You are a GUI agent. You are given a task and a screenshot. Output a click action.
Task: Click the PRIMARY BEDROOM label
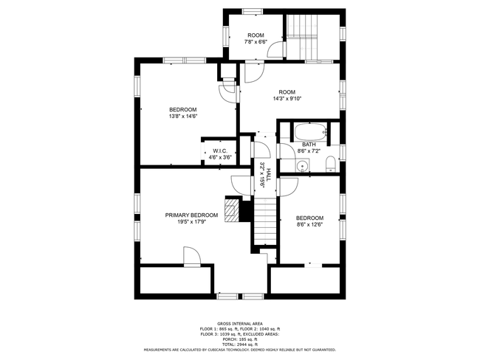[192, 215]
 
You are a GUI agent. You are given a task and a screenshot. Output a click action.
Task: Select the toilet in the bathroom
[331, 163]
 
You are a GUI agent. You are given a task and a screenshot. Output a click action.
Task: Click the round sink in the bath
[303, 166]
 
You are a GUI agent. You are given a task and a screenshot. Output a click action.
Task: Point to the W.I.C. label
[220, 150]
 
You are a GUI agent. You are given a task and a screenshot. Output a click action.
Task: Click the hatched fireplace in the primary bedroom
[231, 210]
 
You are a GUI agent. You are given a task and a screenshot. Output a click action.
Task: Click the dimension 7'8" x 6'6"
[256, 42]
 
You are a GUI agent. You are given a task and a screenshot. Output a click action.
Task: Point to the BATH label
[309, 145]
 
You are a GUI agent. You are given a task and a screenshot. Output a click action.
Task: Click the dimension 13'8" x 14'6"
[182, 117]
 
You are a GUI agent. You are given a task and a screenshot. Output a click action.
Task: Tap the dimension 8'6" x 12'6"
[309, 224]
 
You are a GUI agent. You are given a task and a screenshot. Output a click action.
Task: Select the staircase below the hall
[265, 221]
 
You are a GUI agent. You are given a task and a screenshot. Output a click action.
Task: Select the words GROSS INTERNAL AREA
[240, 324]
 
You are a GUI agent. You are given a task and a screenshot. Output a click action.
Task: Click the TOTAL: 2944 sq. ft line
[240, 345]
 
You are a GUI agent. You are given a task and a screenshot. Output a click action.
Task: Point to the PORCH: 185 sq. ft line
[240, 339]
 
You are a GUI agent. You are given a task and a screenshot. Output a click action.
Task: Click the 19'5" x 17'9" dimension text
[192, 222]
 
